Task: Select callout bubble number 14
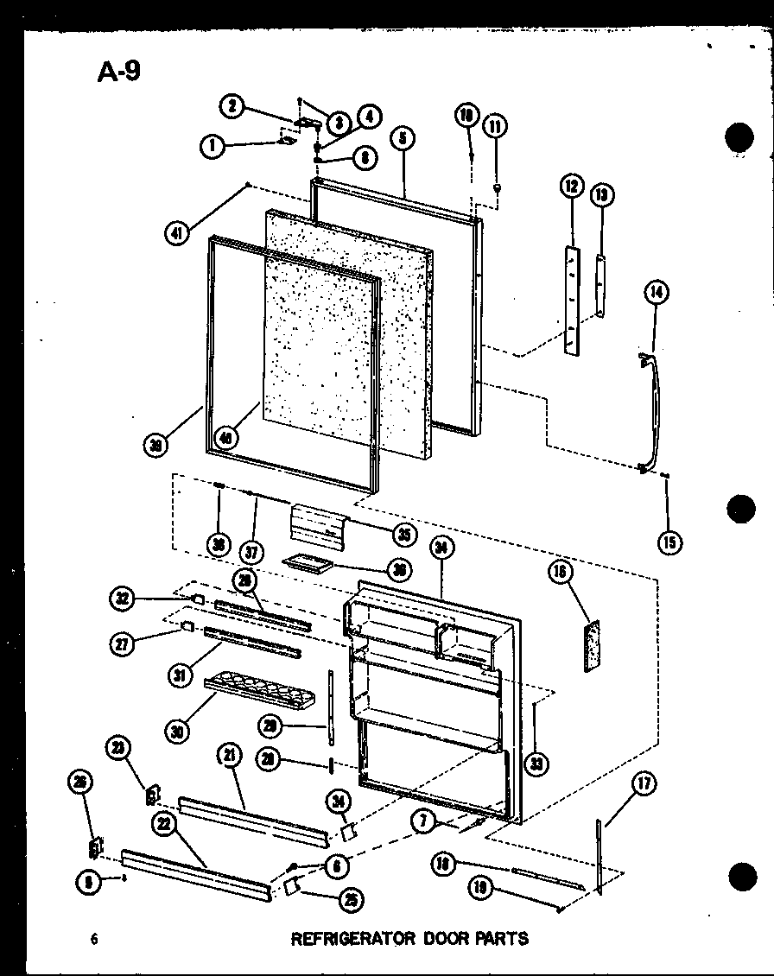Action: tap(656, 294)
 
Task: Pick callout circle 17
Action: tap(644, 785)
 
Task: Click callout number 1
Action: tap(210, 147)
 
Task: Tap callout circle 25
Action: tap(351, 900)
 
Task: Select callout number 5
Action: tap(403, 137)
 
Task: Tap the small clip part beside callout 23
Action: tap(153, 792)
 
